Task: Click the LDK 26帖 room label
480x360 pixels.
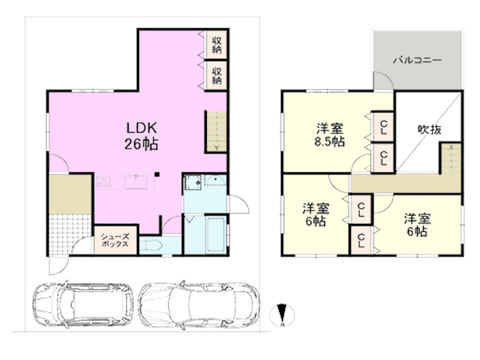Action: tap(142, 136)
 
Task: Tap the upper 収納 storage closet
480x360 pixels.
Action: tap(216, 44)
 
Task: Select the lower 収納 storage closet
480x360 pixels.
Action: tap(216, 76)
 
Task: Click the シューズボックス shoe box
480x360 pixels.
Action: tap(115, 240)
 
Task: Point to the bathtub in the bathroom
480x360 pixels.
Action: tap(216, 235)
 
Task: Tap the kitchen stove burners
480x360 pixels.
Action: tap(103, 182)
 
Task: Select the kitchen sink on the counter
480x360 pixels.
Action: tap(136, 182)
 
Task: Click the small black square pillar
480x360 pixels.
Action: tap(157, 175)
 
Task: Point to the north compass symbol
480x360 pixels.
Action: tap(282, 314)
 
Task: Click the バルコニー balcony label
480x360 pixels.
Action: tap(417, 59)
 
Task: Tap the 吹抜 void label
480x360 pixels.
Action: tap(430, 130)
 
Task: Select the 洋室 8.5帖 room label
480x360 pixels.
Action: tap(329, 135)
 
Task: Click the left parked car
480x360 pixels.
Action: tap(83, 305)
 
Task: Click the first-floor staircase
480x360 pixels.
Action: tap(217, 131)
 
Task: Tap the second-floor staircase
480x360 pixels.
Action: tap(451, 158)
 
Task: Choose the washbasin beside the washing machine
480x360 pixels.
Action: tap(215, 181)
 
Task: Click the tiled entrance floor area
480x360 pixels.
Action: tap(70, 235)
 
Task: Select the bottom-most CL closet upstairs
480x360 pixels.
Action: tap(361, 241)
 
